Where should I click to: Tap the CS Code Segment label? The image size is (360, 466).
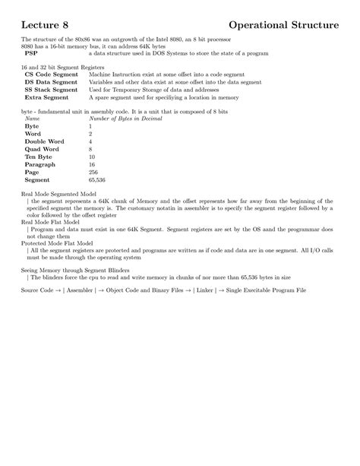(50, 75)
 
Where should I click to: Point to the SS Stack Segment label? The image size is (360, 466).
(51, 90)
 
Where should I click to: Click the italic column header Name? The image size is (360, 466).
(32, 119)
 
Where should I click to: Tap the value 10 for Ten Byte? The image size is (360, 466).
(92, 157)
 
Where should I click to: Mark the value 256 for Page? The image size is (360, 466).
(93, 173)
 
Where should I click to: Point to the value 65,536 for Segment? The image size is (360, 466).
(97, 180)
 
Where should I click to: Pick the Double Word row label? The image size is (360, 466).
(45, 142)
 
